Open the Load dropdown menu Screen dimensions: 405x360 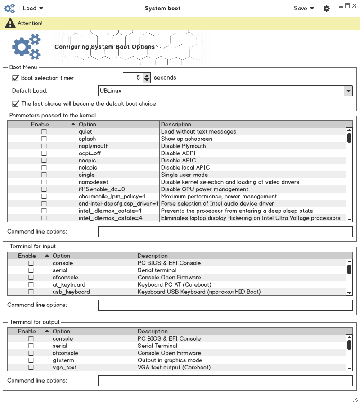(x=33, y=8)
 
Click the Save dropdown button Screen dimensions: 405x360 (x=304, y=8)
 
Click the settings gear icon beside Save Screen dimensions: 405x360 (x=327, y=9)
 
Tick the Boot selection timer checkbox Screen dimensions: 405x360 (x=15, y=78)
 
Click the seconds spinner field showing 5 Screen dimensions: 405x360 (x=132, y=78)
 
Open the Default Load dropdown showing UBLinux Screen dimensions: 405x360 (x=225, y=91)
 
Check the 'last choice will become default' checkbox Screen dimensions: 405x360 (x=15, y=103)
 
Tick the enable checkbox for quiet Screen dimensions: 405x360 (x=44, y=131)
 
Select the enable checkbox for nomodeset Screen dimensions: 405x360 (x=44, y=182)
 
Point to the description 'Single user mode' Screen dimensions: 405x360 (x=184, y=175)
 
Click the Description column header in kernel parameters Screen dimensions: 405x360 (x=252, y=124)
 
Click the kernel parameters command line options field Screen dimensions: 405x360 (x=225, y=232)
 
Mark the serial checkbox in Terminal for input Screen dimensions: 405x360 (x=31, y=270)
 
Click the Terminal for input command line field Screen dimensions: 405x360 (x=225, y=305)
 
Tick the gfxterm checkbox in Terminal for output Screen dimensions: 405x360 (x=31, y=360)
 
